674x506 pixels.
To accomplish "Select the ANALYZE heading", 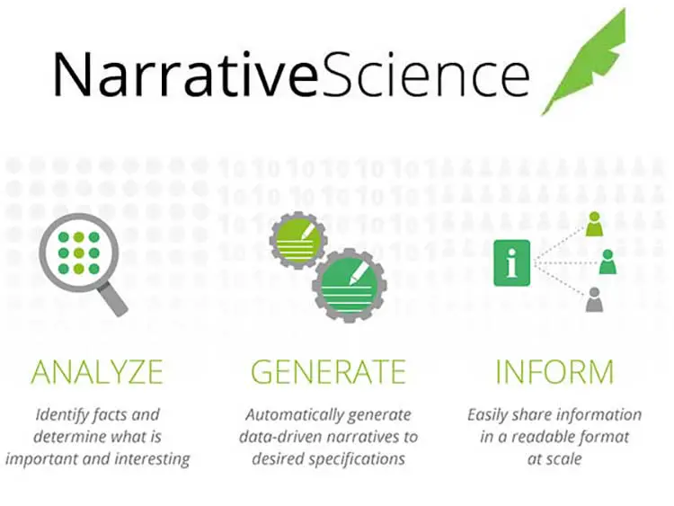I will [97, 372].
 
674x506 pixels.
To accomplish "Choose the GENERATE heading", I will [328, 372].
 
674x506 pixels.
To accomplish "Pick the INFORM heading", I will [554, 372].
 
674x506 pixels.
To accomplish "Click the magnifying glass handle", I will [111, 297].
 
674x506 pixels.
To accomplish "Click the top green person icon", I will [594, 224].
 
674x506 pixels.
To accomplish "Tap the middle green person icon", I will [607, 262].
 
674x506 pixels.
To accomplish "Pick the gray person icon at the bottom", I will [594, 299].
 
